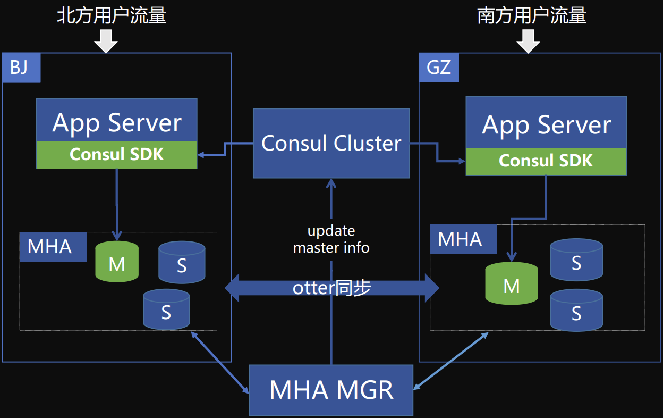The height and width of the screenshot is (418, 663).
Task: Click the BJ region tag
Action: click(21, 68)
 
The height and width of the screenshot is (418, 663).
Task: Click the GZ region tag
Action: click(439, 68)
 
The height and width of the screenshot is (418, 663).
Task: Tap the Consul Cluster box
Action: click(331, 144)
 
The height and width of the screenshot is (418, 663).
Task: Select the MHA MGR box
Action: click(331, 390)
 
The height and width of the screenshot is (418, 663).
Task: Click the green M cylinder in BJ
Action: click(117, 261)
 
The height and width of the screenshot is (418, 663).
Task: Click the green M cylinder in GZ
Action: click(512, 283)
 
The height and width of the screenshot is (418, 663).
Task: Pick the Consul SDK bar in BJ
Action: click(117, 155)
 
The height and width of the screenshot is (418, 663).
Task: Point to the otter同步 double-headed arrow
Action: click(332, 288)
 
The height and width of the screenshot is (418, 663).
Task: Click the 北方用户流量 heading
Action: click(112, 15)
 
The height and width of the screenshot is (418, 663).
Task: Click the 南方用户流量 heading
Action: click(532, 15)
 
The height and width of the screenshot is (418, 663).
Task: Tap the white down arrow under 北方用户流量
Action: click(106, 41)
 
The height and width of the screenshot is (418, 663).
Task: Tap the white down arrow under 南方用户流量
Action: click(528, 41)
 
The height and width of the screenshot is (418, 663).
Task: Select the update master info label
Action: click(331, 239)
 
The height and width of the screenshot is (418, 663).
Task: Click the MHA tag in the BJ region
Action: click(53, 247)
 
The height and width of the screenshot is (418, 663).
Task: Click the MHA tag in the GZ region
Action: click(463, 239)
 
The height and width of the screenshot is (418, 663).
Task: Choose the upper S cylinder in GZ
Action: click(576, 260)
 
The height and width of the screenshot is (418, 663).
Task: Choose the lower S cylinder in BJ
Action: click(166, 310)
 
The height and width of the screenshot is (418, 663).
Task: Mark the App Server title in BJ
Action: click(117, 123)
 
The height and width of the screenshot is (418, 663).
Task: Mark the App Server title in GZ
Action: click(546, 125)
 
